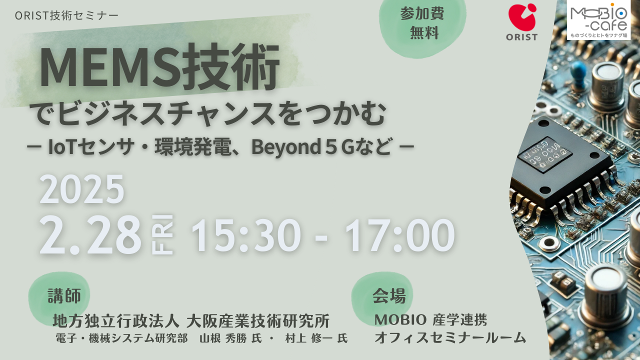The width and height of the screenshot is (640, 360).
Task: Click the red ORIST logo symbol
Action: click(x=522, y=17)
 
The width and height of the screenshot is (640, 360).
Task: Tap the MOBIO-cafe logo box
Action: click(x=598, y=19)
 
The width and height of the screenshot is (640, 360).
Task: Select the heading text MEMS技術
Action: click(x=159, y=67)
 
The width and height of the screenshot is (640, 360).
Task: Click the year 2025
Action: click(x=81, y=189)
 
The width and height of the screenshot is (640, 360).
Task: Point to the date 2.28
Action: click(x=90, y=235)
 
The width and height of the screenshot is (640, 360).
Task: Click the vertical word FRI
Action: click(x=162, y=234)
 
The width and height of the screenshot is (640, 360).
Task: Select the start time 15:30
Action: click(x=246, y=235)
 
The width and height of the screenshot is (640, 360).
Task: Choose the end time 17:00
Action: click(x=400, y=235)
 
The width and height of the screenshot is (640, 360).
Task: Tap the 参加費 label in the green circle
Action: click(x=422, y=13)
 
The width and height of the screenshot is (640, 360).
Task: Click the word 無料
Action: click(x=424, y=32)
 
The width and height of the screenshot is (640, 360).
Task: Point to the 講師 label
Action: click(x=64, y=295)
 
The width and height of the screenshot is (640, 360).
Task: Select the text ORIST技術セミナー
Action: click(x=66, y=15)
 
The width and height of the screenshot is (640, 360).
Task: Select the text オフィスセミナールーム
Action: click(x=450, y=337)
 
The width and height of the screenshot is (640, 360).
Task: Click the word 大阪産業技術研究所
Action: click(x=258, y=320)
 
